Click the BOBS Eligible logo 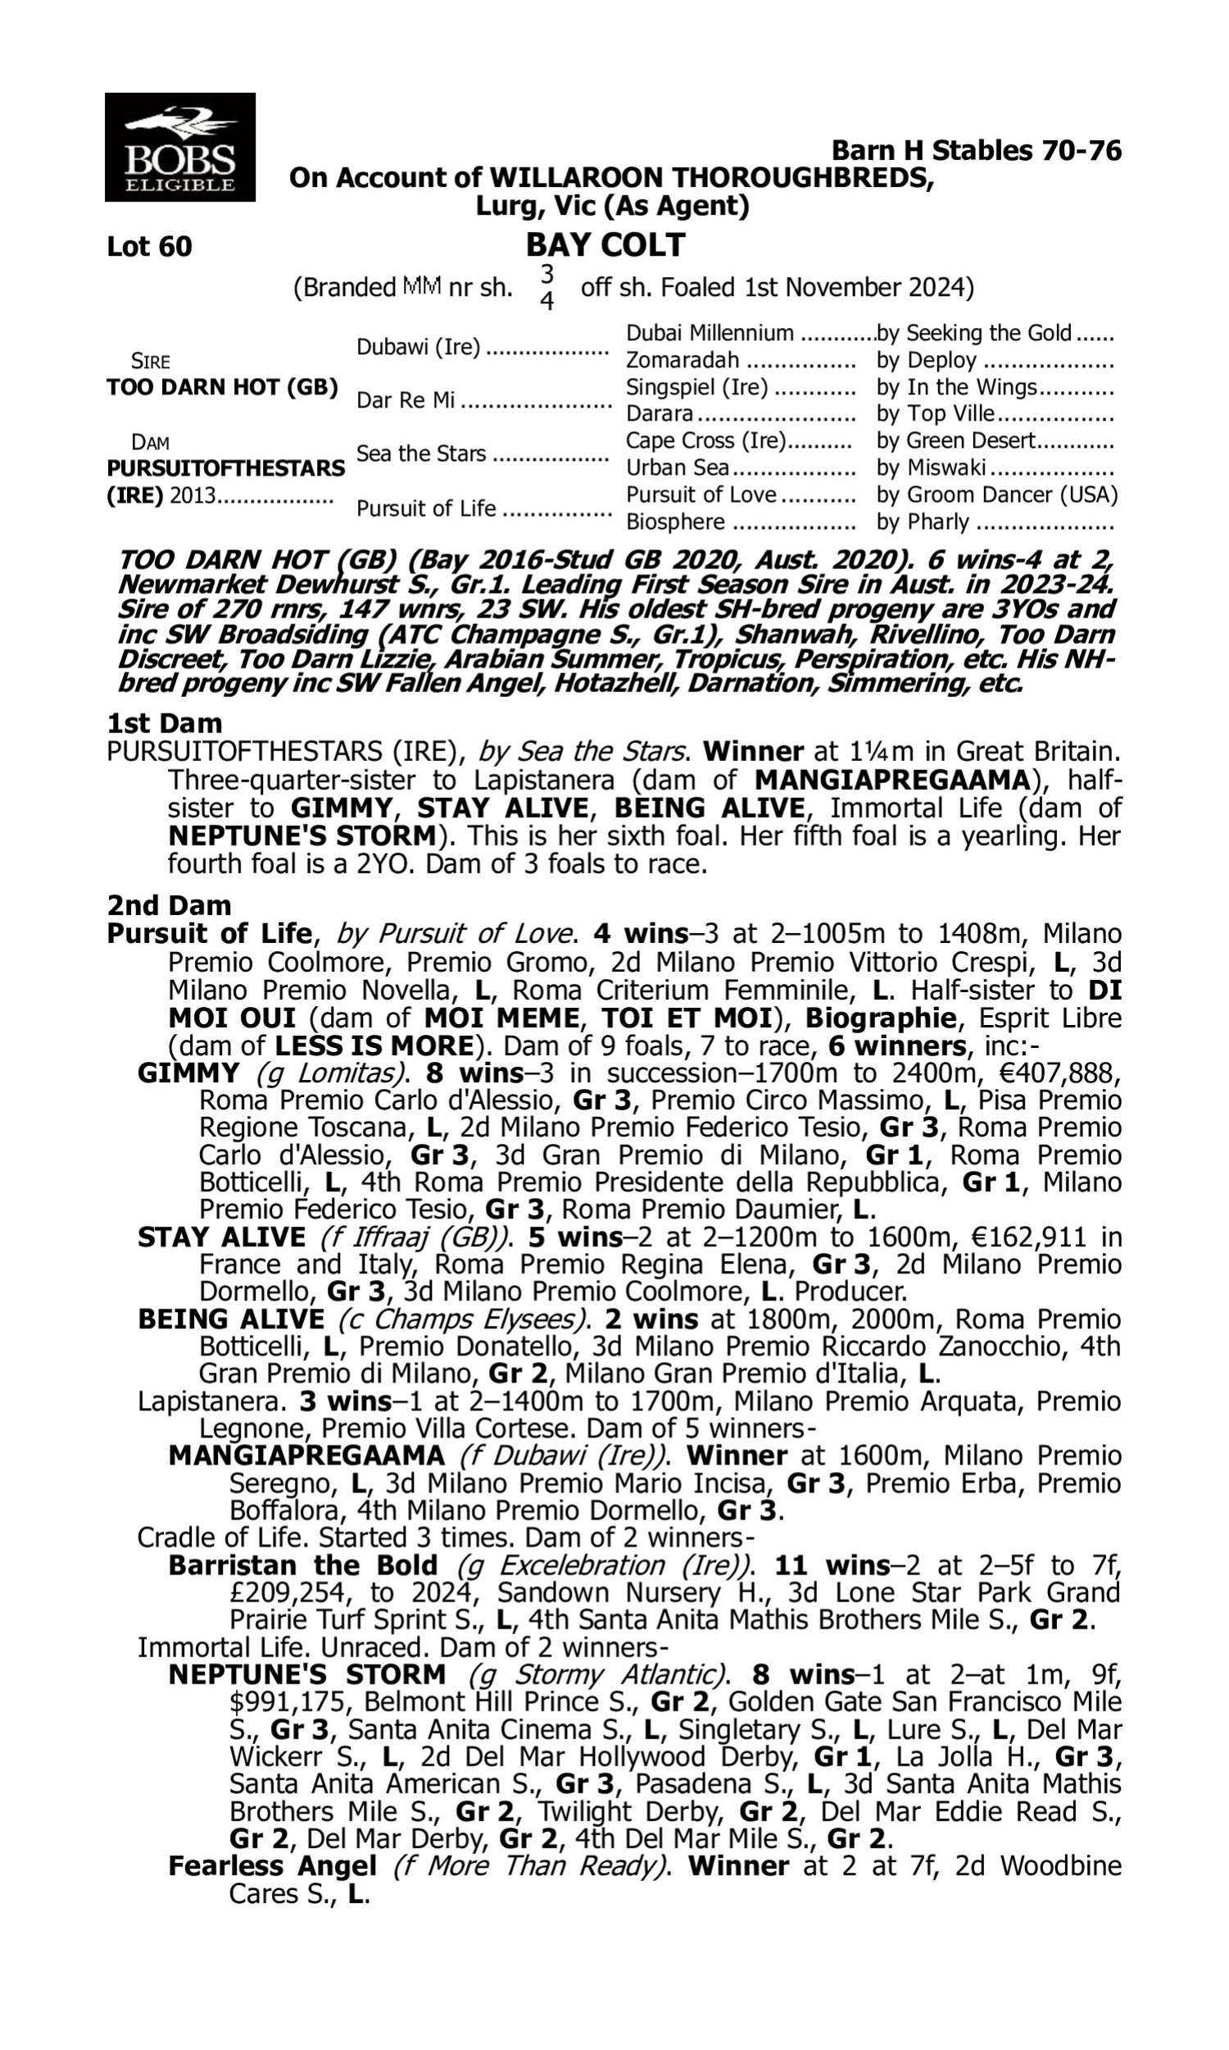tap(179, 148)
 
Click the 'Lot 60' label tap(149, 247)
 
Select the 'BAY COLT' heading tap(606, 245)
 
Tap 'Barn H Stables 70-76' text tap(976, 151)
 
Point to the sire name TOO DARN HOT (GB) tap(222, 388)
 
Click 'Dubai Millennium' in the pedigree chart tap(709, 333)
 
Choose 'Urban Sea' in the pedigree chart tap(678, 468)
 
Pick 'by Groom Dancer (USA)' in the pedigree tap(996, 495)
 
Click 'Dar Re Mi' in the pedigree tap(406, 401)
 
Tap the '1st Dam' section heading tap(165, 723)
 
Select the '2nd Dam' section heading tap(169, 904)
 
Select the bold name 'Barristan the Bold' tap(302, 1566)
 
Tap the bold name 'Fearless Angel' tap(273, 1867)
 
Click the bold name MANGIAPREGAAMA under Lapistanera tap(306, 1455)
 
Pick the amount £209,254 tap(291, 1593)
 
